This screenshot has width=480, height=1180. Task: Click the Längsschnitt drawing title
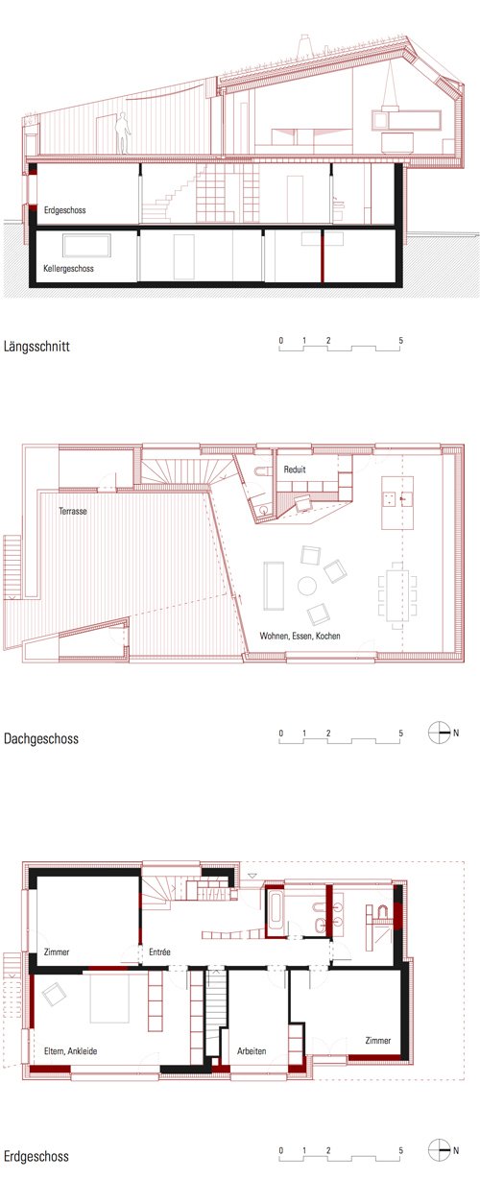click(36, 347)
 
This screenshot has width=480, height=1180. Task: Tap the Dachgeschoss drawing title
click(41, 738)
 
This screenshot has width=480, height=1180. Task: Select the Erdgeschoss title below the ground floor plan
click(36, 1156)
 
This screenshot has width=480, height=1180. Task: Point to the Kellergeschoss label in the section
click(68, 269)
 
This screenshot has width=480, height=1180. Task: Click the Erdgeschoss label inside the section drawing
click(65, 210)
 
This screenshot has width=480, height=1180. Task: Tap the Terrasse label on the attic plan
click(73, 511)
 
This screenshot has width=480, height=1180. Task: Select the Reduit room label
click(295, 470)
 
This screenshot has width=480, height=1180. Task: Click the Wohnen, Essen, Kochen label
click(300, 636)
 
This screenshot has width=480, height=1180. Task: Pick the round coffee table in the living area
click(306, 586)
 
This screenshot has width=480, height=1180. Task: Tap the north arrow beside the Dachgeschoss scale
click(439, 733)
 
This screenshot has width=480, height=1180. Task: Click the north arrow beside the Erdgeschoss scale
click(439, 1150)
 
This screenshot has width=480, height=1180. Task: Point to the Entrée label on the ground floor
click(159, 951)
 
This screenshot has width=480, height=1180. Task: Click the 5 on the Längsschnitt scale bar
click(400, 341)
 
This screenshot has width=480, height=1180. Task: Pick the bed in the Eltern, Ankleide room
click(109, 999)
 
